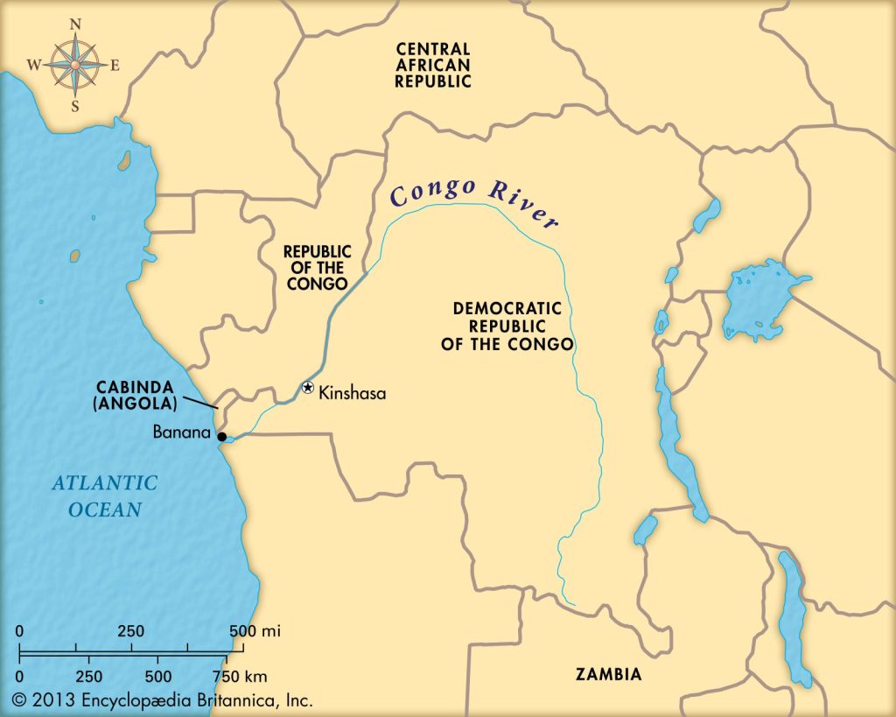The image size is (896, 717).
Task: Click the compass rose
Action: tap(76, 64)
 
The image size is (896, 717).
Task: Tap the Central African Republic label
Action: tap(433, 65)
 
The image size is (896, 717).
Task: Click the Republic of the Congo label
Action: tap(316, 267)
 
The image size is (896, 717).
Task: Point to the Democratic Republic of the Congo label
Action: tap(513, 326)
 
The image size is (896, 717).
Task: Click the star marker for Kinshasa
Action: tap(307, 388)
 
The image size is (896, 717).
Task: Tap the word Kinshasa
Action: tap(352, 394)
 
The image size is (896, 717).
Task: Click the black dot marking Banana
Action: tap(222, 436)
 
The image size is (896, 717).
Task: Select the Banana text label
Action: tap(183, 432)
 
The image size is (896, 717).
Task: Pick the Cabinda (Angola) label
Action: tap(138, 395)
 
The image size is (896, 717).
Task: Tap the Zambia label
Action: tap(608, 674)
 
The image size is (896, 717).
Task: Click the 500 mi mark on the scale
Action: tap(255, 631)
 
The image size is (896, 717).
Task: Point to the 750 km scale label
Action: tap(237, 676)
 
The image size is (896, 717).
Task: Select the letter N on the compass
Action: tap(76, 25)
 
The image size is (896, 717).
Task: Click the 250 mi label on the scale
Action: tap(131, 631)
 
